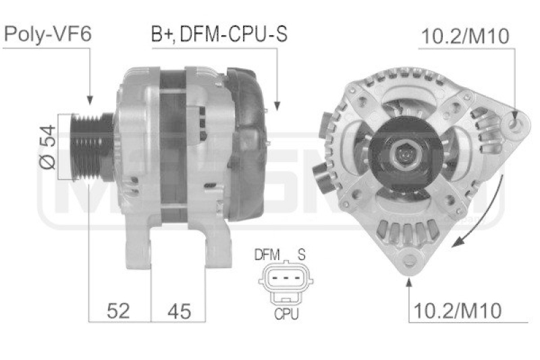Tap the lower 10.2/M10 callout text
(457, 311)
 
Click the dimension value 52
(119, 311)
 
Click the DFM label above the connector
(267, 255)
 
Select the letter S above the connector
(302, 255)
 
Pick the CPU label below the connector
(286, 313)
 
